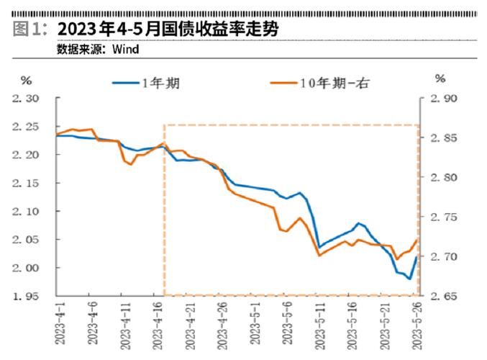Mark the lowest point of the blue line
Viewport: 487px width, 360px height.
coord(409,279)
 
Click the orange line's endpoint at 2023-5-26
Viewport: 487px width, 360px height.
coord(416,240)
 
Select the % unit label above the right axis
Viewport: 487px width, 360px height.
coord(440,78)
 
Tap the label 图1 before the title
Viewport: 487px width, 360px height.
coord(27,29)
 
